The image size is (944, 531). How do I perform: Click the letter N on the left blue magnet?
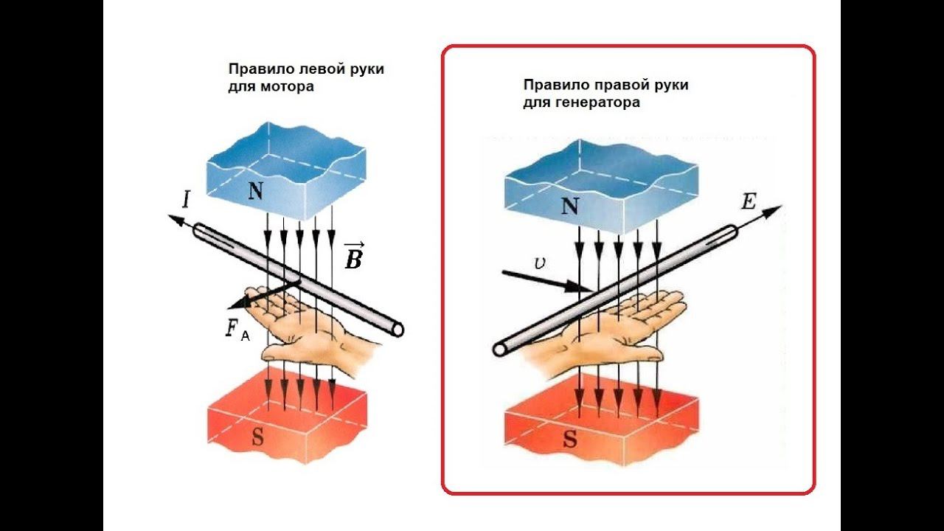[x=255, y=192]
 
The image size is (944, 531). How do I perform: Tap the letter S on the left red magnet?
[x=257, y=437]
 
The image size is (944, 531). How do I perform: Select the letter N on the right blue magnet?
[x=569, y=206]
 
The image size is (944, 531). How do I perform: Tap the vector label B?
[x=353, y=257]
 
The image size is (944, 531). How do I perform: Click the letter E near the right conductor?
[x=749, y=201]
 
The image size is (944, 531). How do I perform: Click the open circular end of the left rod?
[x=398, y=329]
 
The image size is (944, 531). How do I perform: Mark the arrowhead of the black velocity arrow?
[x=586, y=288]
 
